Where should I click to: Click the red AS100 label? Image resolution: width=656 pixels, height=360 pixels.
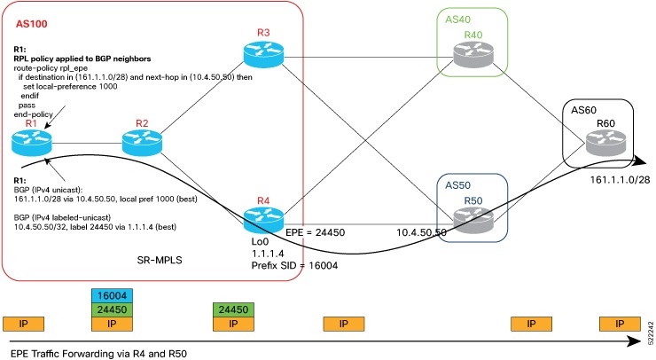click(x=34, y=19)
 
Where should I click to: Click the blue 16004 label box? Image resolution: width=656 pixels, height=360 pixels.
click(x=112, y=293)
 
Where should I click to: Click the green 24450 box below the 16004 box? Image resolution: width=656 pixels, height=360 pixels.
click(x=112, y=309)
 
